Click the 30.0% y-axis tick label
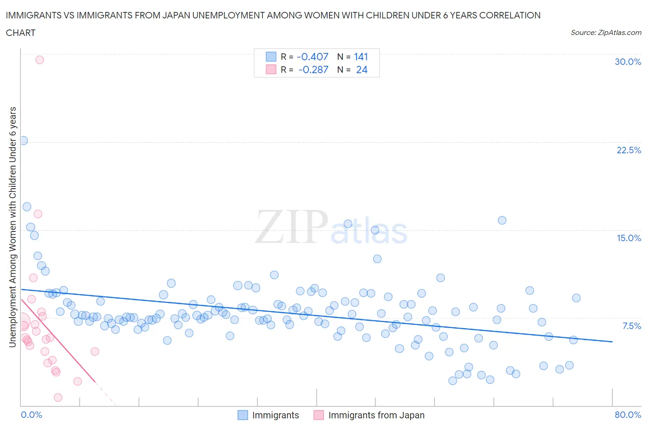click(x=628, y=62)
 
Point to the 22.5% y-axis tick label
click(x=629, y=150)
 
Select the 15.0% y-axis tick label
click(x=629, y=238)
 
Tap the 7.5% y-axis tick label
click(x=631, y=326)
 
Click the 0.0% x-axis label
click(x=31, y=415)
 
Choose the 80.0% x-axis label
click(x=628, y=415)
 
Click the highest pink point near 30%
click(x=40, y=60)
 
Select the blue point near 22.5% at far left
click(x=23, y=141)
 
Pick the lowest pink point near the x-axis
click(x=58, y=397)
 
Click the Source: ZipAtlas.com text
click(x=606, y=33)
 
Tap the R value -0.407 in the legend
click(x=312, y=57)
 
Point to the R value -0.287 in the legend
click(x=313, y=69)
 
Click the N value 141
click(x=361, y=57)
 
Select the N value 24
click(x=362, y=69)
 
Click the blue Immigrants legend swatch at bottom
click(x=243, y=415)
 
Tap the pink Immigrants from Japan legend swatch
click(x=318, y=415)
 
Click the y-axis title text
click(x=13, y=226)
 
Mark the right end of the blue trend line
click(x=612, y=341)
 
